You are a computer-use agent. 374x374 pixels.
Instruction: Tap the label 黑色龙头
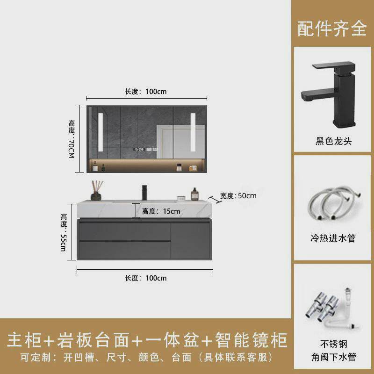pyautogui.click(x=333, y=141)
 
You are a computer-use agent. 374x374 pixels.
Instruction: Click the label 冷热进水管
pyautogui.click(x=333, y=238)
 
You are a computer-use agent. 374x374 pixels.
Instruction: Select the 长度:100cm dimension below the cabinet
pyautogui.click(x=145, y=278)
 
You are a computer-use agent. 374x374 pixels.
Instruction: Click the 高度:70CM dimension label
pyautogui.click(x=71, y=139)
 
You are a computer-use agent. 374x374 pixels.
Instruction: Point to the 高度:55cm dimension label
pyautogui.click(x=64, y=232)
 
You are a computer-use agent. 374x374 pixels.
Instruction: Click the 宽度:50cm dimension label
pyautogui.click(x=238, y=195)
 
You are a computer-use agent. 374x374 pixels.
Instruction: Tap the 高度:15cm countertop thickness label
pyautogui.click(x=161, y=211)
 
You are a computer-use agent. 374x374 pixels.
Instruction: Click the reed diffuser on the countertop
pyautogui.click(x=96, y=191)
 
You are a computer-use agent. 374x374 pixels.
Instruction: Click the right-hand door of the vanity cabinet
pyautogui.click(x=190, y=240)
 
